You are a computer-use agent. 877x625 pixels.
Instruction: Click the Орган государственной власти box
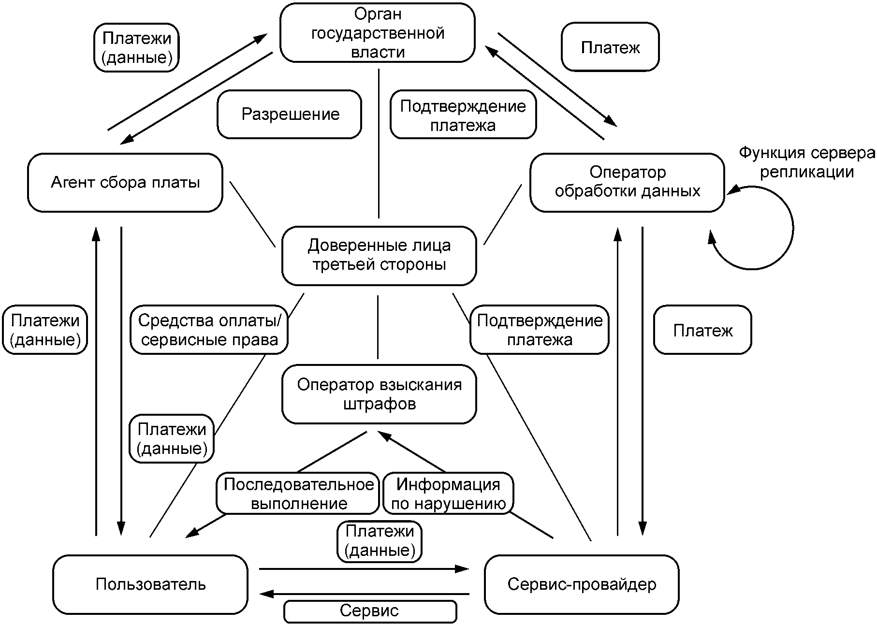click(x=377, y=33)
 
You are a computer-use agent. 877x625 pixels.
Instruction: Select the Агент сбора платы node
click(x=125, y=183)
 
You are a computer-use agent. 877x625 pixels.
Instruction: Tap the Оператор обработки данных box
click(x=627, y=182)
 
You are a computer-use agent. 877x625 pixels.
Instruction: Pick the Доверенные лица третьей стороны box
click(x=379, y=255)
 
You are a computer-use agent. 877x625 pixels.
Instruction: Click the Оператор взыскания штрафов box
click(x=379, y=394)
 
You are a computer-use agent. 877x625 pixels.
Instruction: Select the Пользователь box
click(x=150, y=584)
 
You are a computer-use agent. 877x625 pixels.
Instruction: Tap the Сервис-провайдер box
click(x=582, y=584)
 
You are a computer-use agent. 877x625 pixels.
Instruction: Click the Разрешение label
click(x=290, y=115)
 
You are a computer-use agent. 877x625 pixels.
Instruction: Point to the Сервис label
click(x=370, y=611)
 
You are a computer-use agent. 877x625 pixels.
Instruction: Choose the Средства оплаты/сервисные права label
click(x=209, y=330)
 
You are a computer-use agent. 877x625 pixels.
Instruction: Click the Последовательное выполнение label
click(x=298, y=494)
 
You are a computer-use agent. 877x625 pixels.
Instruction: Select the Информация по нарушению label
click(x=448, y=494)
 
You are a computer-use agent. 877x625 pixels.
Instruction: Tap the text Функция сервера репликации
click(x=806, y=162)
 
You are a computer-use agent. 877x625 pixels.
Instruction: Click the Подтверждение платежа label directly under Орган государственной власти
click(x=463, y=116)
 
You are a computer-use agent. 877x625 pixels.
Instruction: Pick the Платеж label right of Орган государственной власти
click(x=610, y=47)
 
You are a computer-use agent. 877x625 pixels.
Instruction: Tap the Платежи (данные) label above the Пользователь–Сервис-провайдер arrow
click(x=380, y=541)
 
